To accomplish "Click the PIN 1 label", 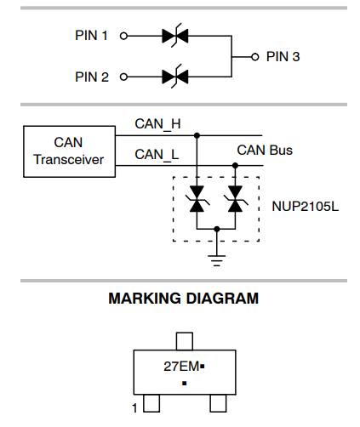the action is [91, 36].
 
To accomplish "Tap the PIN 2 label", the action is [92, 77].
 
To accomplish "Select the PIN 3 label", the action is [283, 57].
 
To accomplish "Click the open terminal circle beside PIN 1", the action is [123, 36].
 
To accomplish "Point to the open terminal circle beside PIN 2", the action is [123, 77].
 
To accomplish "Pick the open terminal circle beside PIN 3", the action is [255, 57].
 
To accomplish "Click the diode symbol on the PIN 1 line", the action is [175, 36].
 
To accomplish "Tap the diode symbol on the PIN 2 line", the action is [175, 77].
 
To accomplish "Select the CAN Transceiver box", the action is [69, 126].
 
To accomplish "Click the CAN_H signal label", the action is [157, 124].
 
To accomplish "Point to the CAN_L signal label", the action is [157, 155].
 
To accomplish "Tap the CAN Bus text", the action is [265, 151].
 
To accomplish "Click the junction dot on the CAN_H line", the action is [197, 135].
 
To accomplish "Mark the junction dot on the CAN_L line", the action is [235, 165].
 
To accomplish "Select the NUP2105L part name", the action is [306, 207].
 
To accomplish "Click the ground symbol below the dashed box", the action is [217, 260].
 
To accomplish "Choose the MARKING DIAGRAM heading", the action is [184, 299].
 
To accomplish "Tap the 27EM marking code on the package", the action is [181, 367].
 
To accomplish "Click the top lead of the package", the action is [185, 341].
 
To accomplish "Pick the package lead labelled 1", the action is [151, 403].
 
